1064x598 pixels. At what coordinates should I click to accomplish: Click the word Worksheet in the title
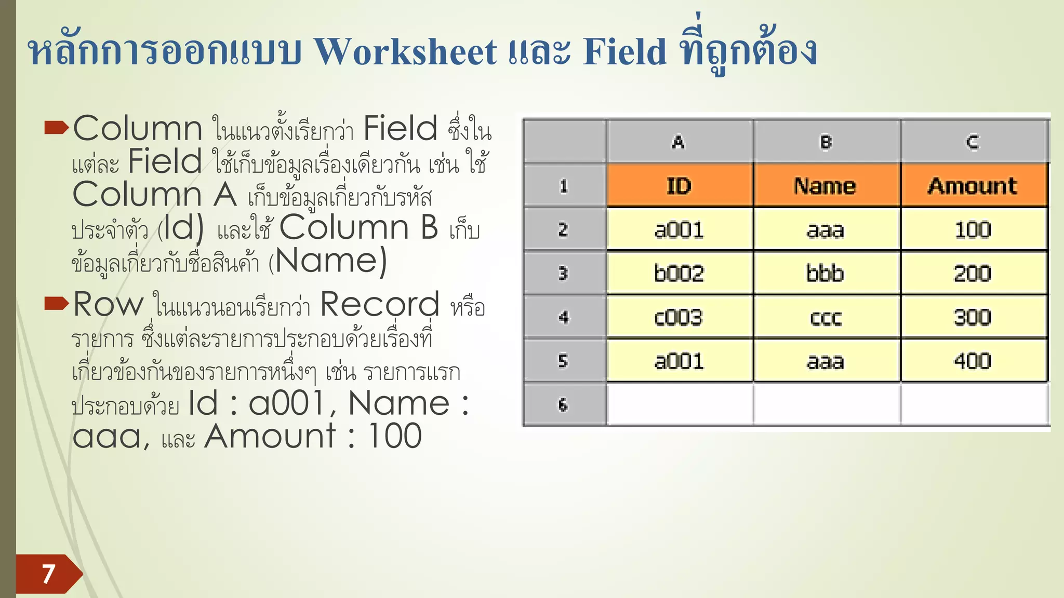coord(406,52)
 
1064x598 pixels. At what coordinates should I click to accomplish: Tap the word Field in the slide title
coord(624,52)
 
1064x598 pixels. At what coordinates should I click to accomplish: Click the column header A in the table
coord(679,142)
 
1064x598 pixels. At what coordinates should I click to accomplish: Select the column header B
coord(826,142)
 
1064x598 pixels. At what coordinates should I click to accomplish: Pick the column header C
coord(973,142)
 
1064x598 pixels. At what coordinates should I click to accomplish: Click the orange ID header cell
coord(679,186)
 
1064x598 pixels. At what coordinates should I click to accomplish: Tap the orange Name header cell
coord(825,186)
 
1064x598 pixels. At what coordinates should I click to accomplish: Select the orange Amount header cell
coord(973,186)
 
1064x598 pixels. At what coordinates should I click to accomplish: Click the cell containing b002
coord(679,274)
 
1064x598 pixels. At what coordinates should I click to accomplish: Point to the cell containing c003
coord(679,317)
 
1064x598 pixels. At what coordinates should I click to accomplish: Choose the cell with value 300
coord(973,317)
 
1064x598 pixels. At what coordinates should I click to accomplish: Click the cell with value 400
coord(973,361)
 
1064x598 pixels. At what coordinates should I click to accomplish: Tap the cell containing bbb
coord(825,274)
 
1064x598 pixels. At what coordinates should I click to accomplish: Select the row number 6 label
coord(564,405)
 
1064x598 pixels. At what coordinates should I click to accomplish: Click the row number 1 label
coord(564,186)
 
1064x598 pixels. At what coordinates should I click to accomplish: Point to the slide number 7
coord(48,574)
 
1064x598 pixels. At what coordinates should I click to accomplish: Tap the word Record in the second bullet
coord(380,304)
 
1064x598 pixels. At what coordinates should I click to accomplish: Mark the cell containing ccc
coord(825,317)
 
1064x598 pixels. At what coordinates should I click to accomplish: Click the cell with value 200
coord(973,274)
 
